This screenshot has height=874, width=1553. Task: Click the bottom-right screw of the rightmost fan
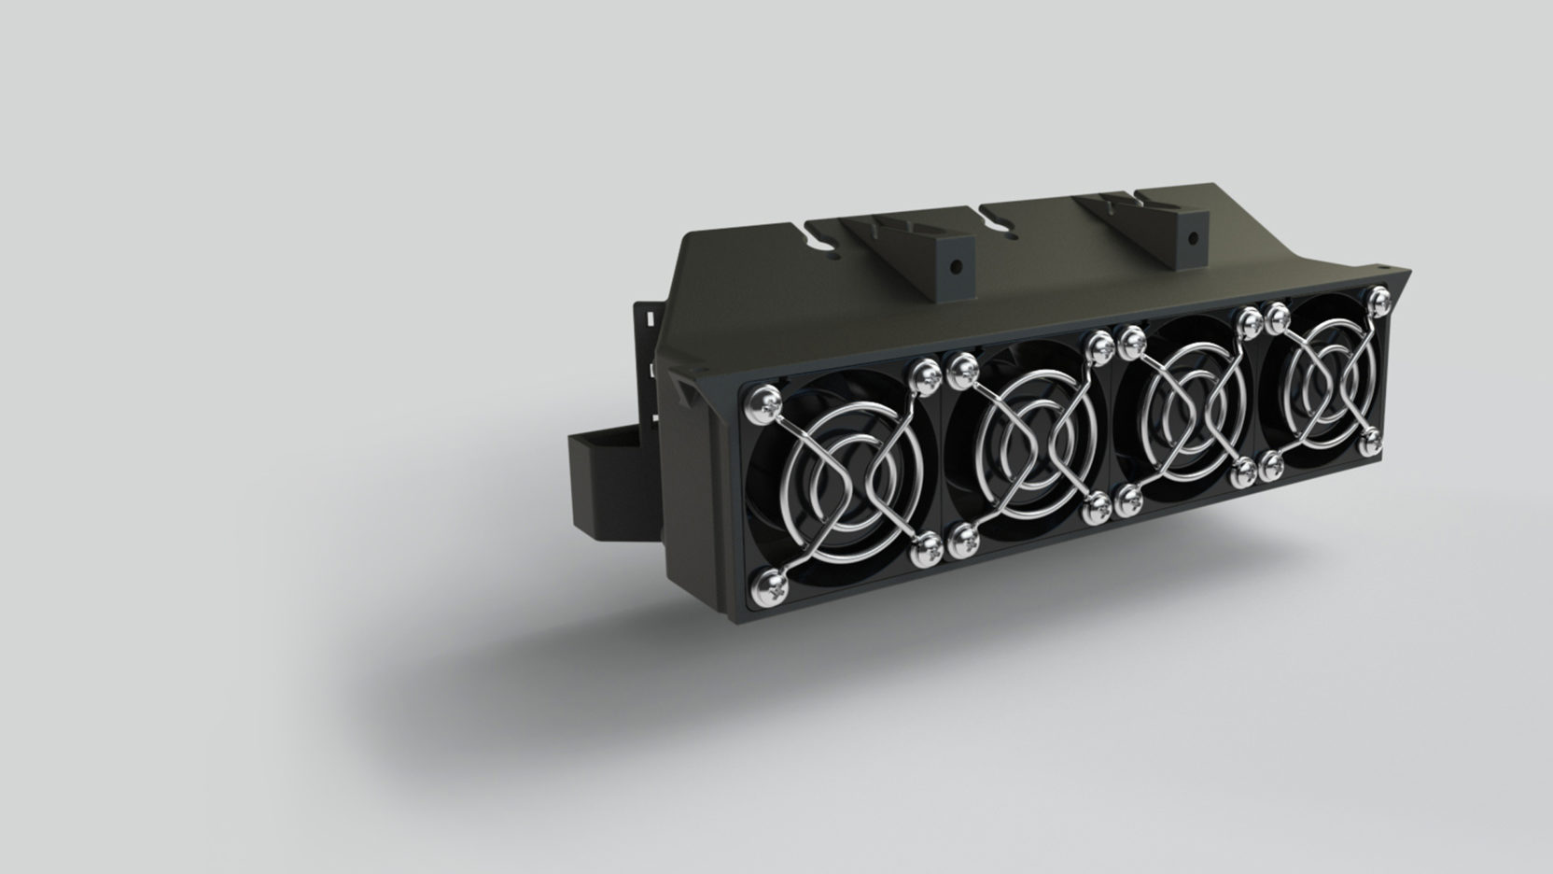[x=1370, y=443]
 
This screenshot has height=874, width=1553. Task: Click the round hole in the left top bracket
[x=953, y=265]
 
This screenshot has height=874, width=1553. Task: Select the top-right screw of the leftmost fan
[x=927, y=376]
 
